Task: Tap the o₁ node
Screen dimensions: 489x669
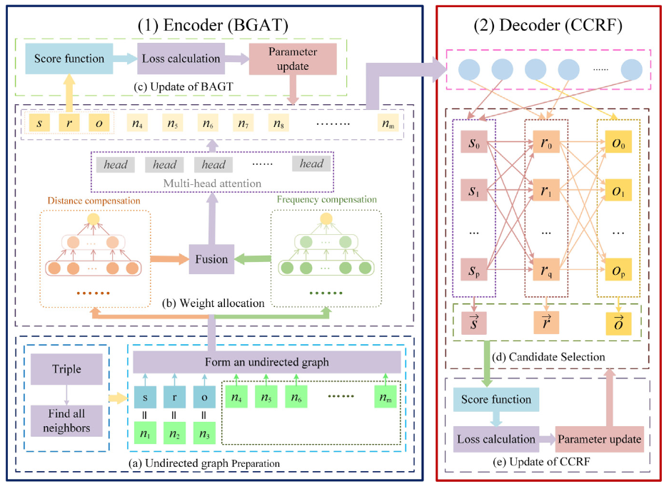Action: pyautogui.click(x=618, y=193)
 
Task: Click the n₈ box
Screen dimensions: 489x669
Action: pyautogui.click(x=278, y=123)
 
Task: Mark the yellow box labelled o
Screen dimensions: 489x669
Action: pyautogui.click(x=100, y=123)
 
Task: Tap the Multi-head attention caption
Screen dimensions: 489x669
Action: pyautogui.click(x=213, y=183)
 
